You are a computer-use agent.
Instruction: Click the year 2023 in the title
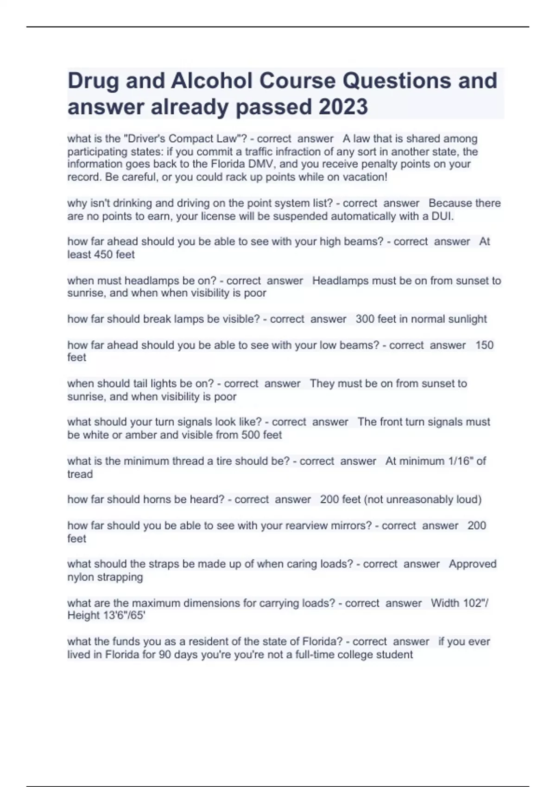point(343,107)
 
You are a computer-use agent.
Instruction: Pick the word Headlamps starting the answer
point(336,281)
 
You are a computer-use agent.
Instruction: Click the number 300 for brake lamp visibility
point(365,319)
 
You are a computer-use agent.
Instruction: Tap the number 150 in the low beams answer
point(484,345)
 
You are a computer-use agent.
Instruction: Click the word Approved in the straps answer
point(472,564)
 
